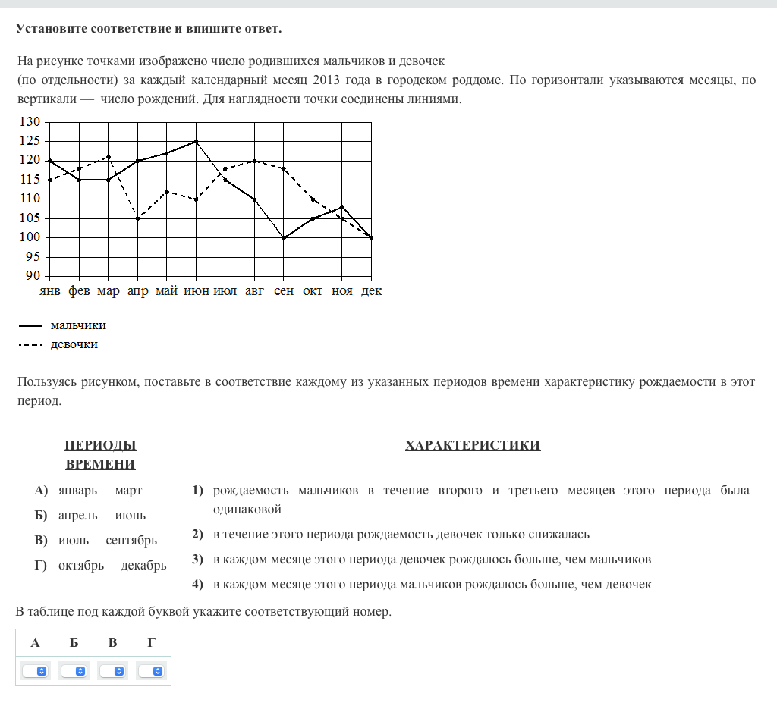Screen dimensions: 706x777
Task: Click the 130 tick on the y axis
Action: tap(30, 122)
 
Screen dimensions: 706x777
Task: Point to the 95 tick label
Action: tap(33, 257)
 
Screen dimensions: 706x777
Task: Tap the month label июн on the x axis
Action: tap(197, 291)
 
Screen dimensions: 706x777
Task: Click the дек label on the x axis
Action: tap(372, 291)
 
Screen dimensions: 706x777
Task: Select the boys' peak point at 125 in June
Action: tap(197, 141)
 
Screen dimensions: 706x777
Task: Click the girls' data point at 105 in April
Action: tap(138, 218)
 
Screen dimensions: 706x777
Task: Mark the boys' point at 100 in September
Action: tap(284, 237)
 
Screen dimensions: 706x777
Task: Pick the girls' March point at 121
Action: tap(109, 157)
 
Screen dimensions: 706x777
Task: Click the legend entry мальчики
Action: tap(77, 325)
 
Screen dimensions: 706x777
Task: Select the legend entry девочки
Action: tap(74, 344)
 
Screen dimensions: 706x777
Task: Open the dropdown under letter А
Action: tap(35, 671)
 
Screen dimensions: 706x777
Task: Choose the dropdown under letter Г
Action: tap(151, 671)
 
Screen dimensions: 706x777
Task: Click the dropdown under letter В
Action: tap(113, 671)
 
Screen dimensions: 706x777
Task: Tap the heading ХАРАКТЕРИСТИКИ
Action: tap(473, 445)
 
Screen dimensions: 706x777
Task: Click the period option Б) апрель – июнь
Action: tap(102, 516)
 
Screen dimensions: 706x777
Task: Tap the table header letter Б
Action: tap(74, 643)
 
